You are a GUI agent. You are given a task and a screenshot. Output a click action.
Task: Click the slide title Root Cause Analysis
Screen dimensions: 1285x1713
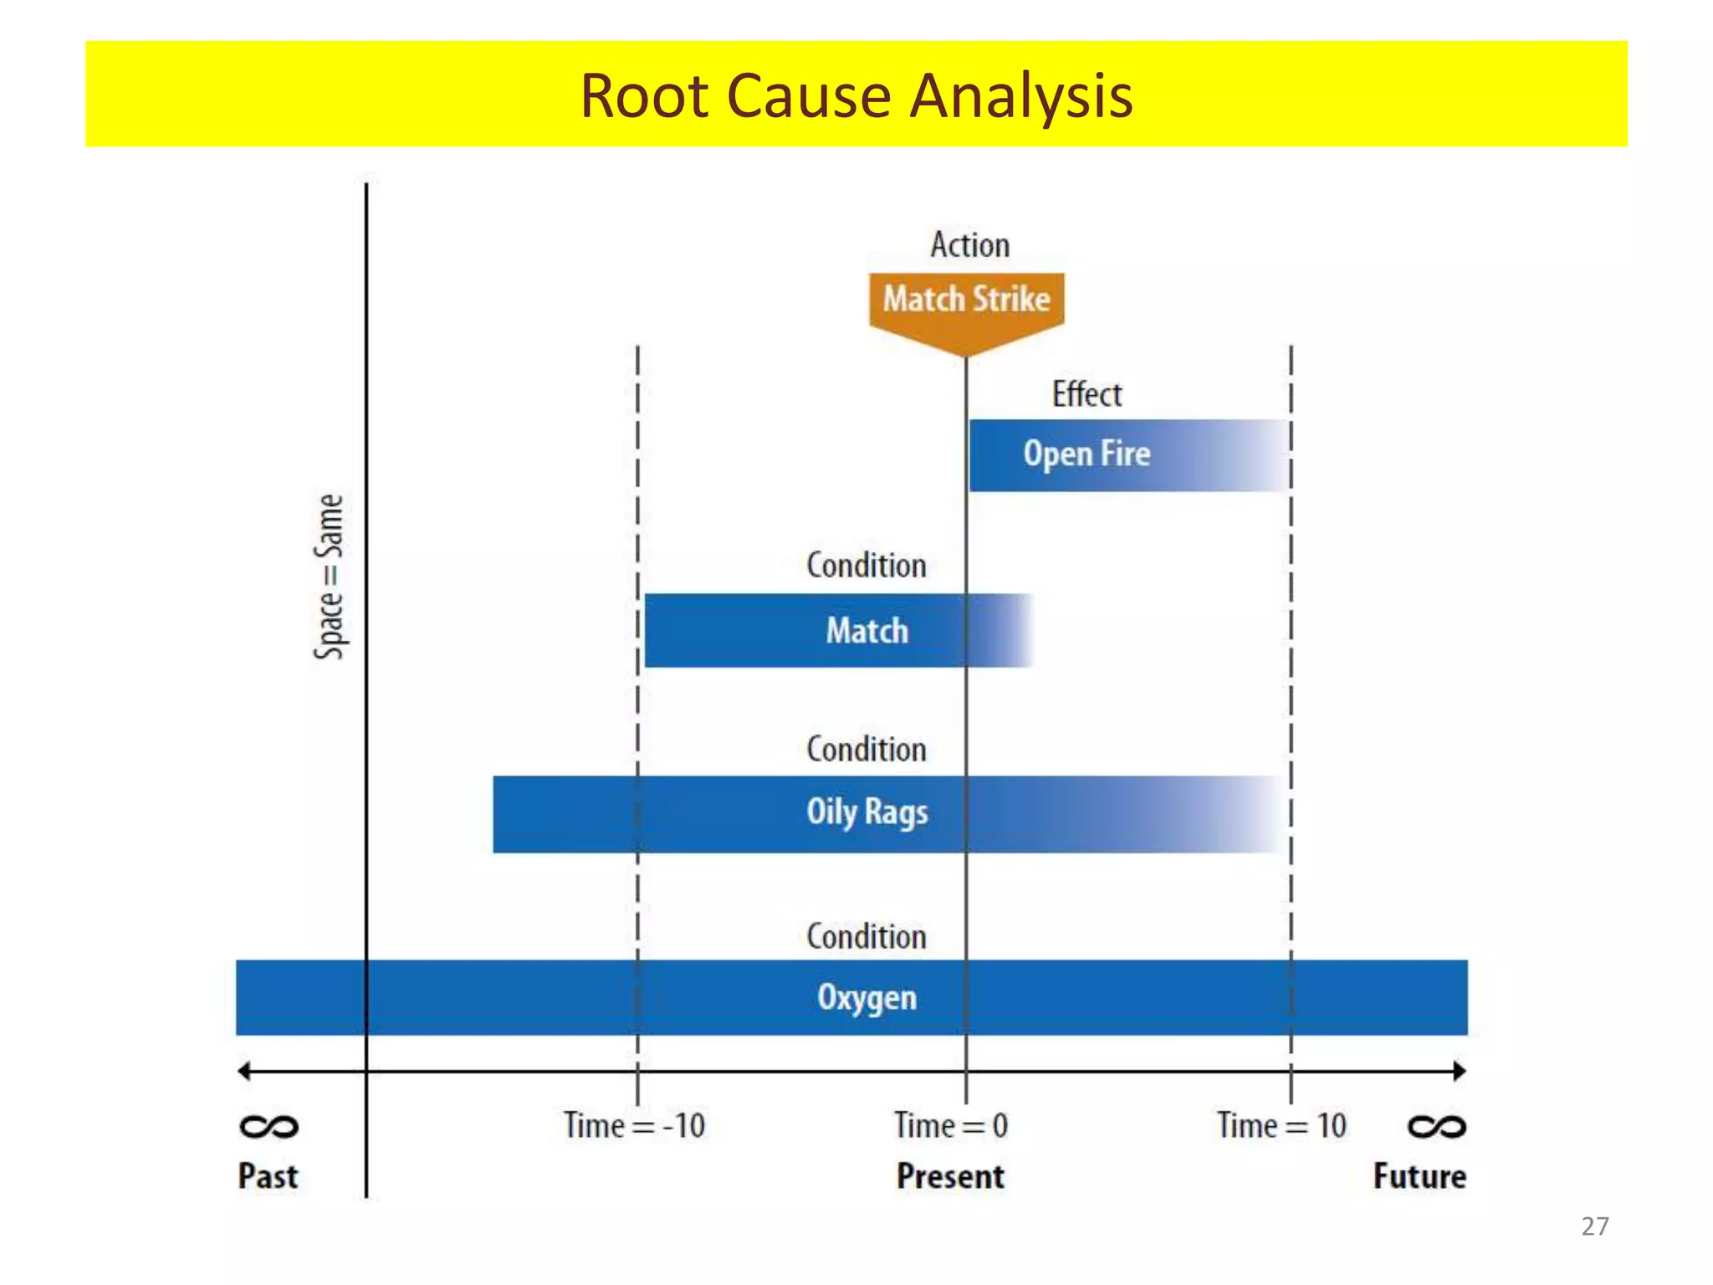pos(856,95)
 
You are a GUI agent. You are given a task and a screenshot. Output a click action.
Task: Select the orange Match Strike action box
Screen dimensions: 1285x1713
pos(966,300)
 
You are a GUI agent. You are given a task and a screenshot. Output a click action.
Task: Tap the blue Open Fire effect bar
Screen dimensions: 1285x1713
pos(1087,454)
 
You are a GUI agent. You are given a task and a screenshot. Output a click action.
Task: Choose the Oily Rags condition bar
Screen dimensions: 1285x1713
pos(867,813)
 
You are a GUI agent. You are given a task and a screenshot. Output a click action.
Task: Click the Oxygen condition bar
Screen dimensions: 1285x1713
pos(867,997)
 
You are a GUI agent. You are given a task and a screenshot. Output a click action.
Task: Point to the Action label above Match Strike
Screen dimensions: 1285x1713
pos(970,245)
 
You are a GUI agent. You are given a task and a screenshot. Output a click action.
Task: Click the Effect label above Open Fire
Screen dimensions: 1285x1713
pos(1087,394)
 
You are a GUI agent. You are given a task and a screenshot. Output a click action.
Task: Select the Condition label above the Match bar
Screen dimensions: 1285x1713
pos(867,566)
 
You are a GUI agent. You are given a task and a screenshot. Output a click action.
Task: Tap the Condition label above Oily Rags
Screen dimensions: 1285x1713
pos(867,750)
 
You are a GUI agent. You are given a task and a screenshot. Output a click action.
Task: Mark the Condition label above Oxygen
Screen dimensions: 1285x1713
pos(867,937)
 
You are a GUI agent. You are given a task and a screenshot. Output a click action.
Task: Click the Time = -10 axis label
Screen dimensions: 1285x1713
pos(634,1126)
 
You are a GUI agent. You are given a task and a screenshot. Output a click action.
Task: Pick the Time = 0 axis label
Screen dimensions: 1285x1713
pos(951,1126)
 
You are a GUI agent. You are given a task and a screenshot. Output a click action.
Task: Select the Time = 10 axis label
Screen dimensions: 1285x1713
pos(1281,1126)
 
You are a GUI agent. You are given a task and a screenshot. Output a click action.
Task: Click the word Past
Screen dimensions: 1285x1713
pos(268,1176)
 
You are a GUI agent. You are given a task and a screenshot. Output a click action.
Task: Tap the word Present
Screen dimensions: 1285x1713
pos(950,1176)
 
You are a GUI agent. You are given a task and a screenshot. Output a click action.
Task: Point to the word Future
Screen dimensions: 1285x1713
pos(1419,1176)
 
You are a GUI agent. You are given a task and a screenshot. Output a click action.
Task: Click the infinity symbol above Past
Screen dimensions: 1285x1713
pos(268,1127)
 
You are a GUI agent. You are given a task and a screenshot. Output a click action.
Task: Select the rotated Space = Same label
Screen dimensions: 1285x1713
pos(329,576)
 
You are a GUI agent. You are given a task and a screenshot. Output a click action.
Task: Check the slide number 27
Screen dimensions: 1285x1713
pos(1595,1226)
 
